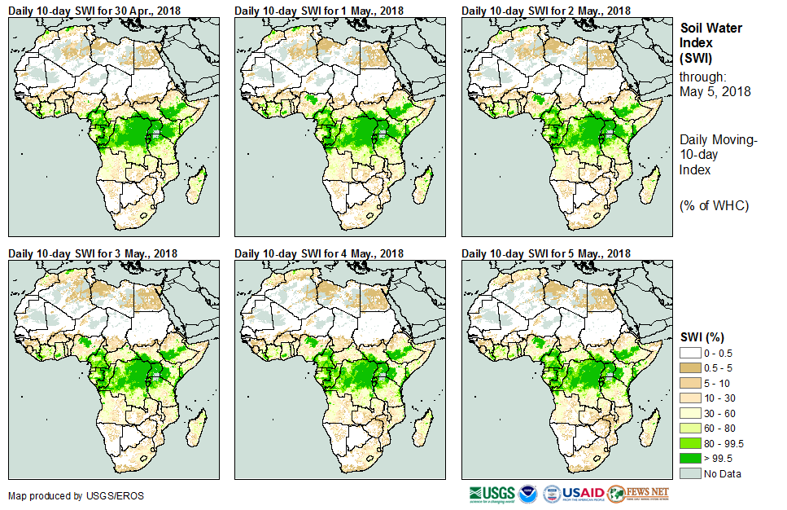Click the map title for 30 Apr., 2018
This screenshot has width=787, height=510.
[x=95, y=10]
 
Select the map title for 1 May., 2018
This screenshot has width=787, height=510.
[x=319, y=10]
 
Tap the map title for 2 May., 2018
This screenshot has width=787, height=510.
[x=546, y=10]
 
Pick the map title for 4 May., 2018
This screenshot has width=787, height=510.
[x=319, y=253]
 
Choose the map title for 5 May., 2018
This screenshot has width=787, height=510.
[x=546, y=253]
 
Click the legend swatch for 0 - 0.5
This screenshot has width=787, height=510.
[x=690, y=352]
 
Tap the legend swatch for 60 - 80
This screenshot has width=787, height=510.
[x=690, y=427]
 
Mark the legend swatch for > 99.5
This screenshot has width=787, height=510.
[x=690, y=457]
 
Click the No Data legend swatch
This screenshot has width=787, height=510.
[x=690, y=473]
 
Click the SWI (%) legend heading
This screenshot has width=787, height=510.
[x=702, y=337]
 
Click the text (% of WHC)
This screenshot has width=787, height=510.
[x=714, y=205]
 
